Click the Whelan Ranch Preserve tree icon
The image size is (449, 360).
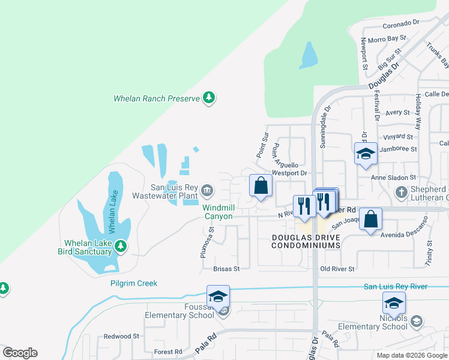point(209,98)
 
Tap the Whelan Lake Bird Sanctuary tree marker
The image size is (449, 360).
point(120,246)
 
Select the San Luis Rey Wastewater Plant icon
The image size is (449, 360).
point(206,191)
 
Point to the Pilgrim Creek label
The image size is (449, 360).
point(133,283)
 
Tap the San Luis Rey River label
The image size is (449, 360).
point(396,287)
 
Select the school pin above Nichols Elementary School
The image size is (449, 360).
point(394,302)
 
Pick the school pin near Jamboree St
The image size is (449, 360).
point(365,154)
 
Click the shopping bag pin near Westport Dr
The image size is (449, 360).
point(261,186)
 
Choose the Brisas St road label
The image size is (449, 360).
point(227,269)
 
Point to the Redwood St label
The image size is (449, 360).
point(121,337)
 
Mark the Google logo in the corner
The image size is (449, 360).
point(20,353)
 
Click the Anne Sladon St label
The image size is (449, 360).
point(393,178)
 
